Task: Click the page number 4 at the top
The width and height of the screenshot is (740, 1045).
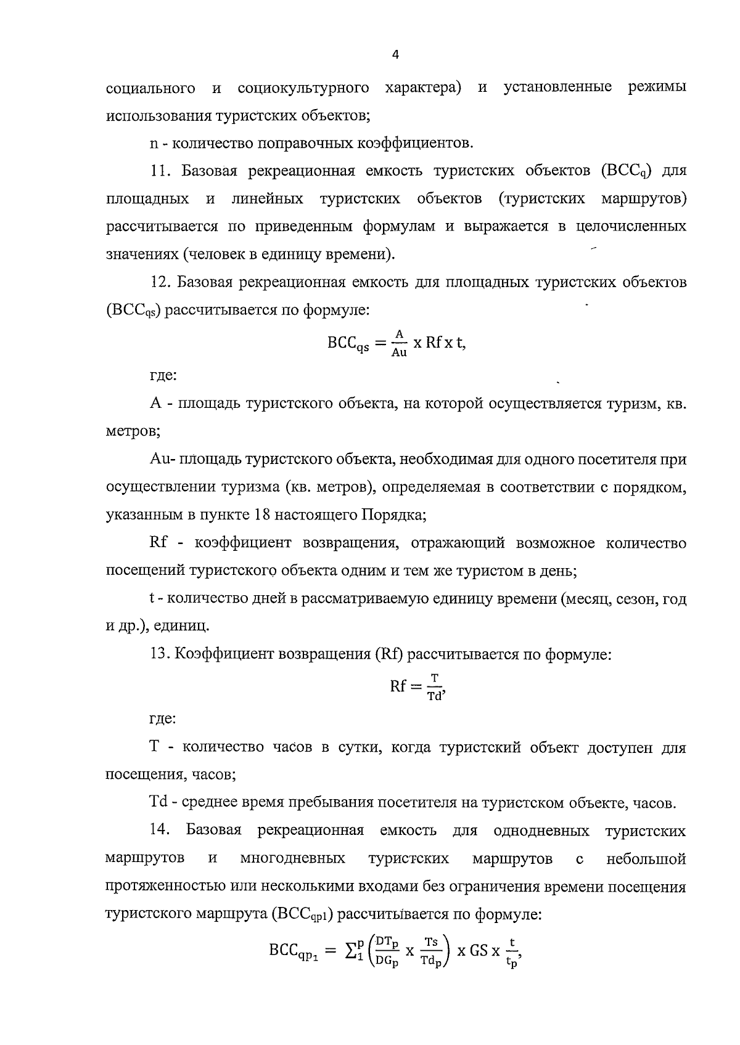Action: click(x=395, y=55)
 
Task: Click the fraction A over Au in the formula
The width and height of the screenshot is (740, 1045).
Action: click(x=399, y=343)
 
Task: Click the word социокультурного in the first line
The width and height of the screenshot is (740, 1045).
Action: click(x=303, y=88)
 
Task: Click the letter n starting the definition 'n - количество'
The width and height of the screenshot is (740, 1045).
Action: click(x=154, y=144)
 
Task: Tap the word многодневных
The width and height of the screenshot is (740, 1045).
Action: click(x=292, y=858)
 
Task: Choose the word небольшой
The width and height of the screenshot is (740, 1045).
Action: click(x=646, y=858)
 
